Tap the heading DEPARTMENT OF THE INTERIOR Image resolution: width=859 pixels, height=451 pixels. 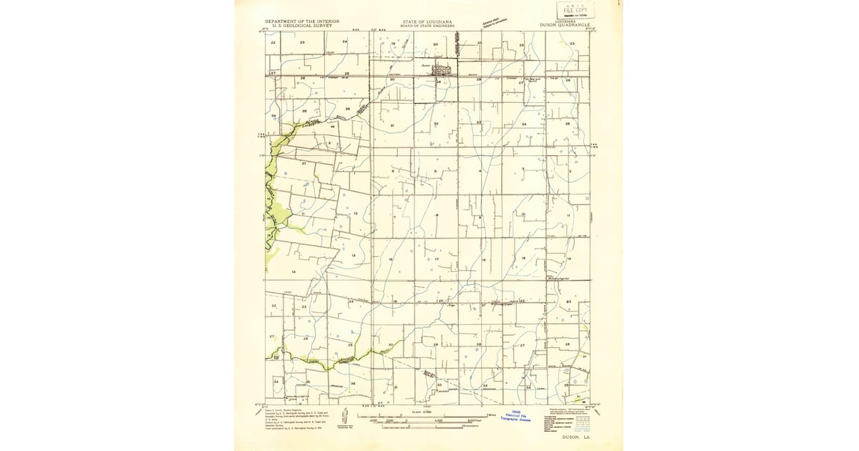click(x=302, y=21)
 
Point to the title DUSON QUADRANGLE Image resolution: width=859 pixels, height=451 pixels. click(x=564, y=25)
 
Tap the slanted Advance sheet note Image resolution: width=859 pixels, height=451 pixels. click(x=500, y=22)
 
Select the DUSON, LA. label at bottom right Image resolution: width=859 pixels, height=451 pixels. click(x=576, y=435)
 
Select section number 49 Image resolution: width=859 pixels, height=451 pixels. click(x=332, y=127)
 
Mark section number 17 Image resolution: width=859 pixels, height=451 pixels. click(x=436, y=259)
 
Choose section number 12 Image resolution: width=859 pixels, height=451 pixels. click(x=355, y=213)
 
